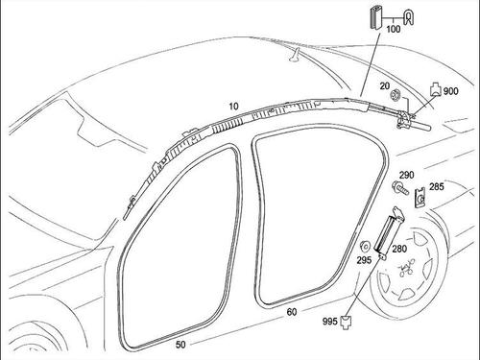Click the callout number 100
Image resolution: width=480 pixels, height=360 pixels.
click(394, 29)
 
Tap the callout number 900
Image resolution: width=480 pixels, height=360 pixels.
click(451, 91)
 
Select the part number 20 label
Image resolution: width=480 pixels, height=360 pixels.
click(385, 86)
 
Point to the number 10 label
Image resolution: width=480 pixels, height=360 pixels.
click(234, 107)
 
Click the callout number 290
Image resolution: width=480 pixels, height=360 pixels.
click(406, 175)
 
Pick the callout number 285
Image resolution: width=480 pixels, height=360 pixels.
click(437, 186)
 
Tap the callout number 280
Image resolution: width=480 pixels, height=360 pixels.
click(399, 249)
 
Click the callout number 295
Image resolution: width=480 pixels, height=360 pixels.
click(364, 260)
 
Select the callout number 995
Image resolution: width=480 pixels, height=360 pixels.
click(330, 322)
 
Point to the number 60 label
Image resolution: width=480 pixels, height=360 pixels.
click(292, 312)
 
